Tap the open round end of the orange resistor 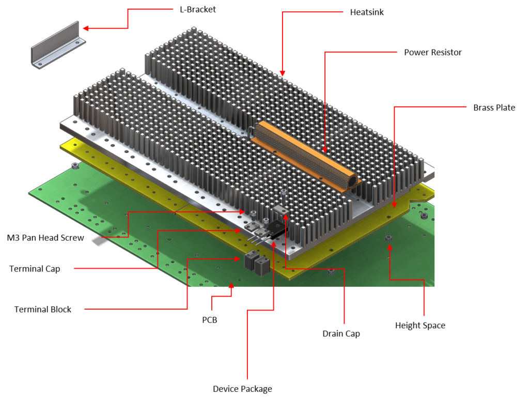pos(352,182)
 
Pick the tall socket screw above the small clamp pos(283,197)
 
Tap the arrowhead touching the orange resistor pos(325,149)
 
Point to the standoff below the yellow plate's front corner pos(331,271)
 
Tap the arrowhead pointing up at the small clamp pos(285,214)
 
